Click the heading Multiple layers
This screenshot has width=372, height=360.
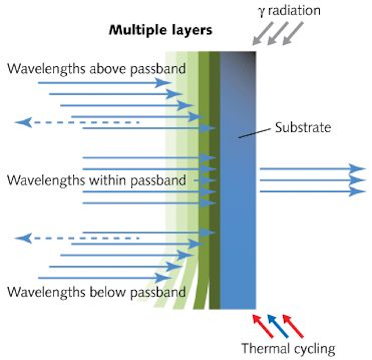pos(160,30)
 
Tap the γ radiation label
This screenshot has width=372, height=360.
pos(289,10)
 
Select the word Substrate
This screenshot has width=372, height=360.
pos(303,127)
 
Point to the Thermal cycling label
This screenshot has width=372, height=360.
pos(288,349)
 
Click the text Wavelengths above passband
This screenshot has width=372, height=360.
pos(96,69)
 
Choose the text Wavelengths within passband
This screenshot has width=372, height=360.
pos(96,180)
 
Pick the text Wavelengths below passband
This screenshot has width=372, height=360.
pos(96,292)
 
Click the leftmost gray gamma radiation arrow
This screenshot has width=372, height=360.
pos(263,33)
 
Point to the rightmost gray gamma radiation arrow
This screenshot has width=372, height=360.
pos(293,33)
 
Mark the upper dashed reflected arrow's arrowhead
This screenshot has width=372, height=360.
pos(23,123)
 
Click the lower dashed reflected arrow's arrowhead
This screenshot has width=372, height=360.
pos(23,238)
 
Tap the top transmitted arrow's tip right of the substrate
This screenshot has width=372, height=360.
pos(366,169)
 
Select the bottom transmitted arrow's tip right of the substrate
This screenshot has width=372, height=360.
pos(366,191)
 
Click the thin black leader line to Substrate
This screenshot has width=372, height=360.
pos(255,133)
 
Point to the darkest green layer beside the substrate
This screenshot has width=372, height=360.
pos(214,180)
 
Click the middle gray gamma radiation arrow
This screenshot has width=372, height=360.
pos(278,33)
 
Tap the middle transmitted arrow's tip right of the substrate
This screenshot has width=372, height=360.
pos(366,180)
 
